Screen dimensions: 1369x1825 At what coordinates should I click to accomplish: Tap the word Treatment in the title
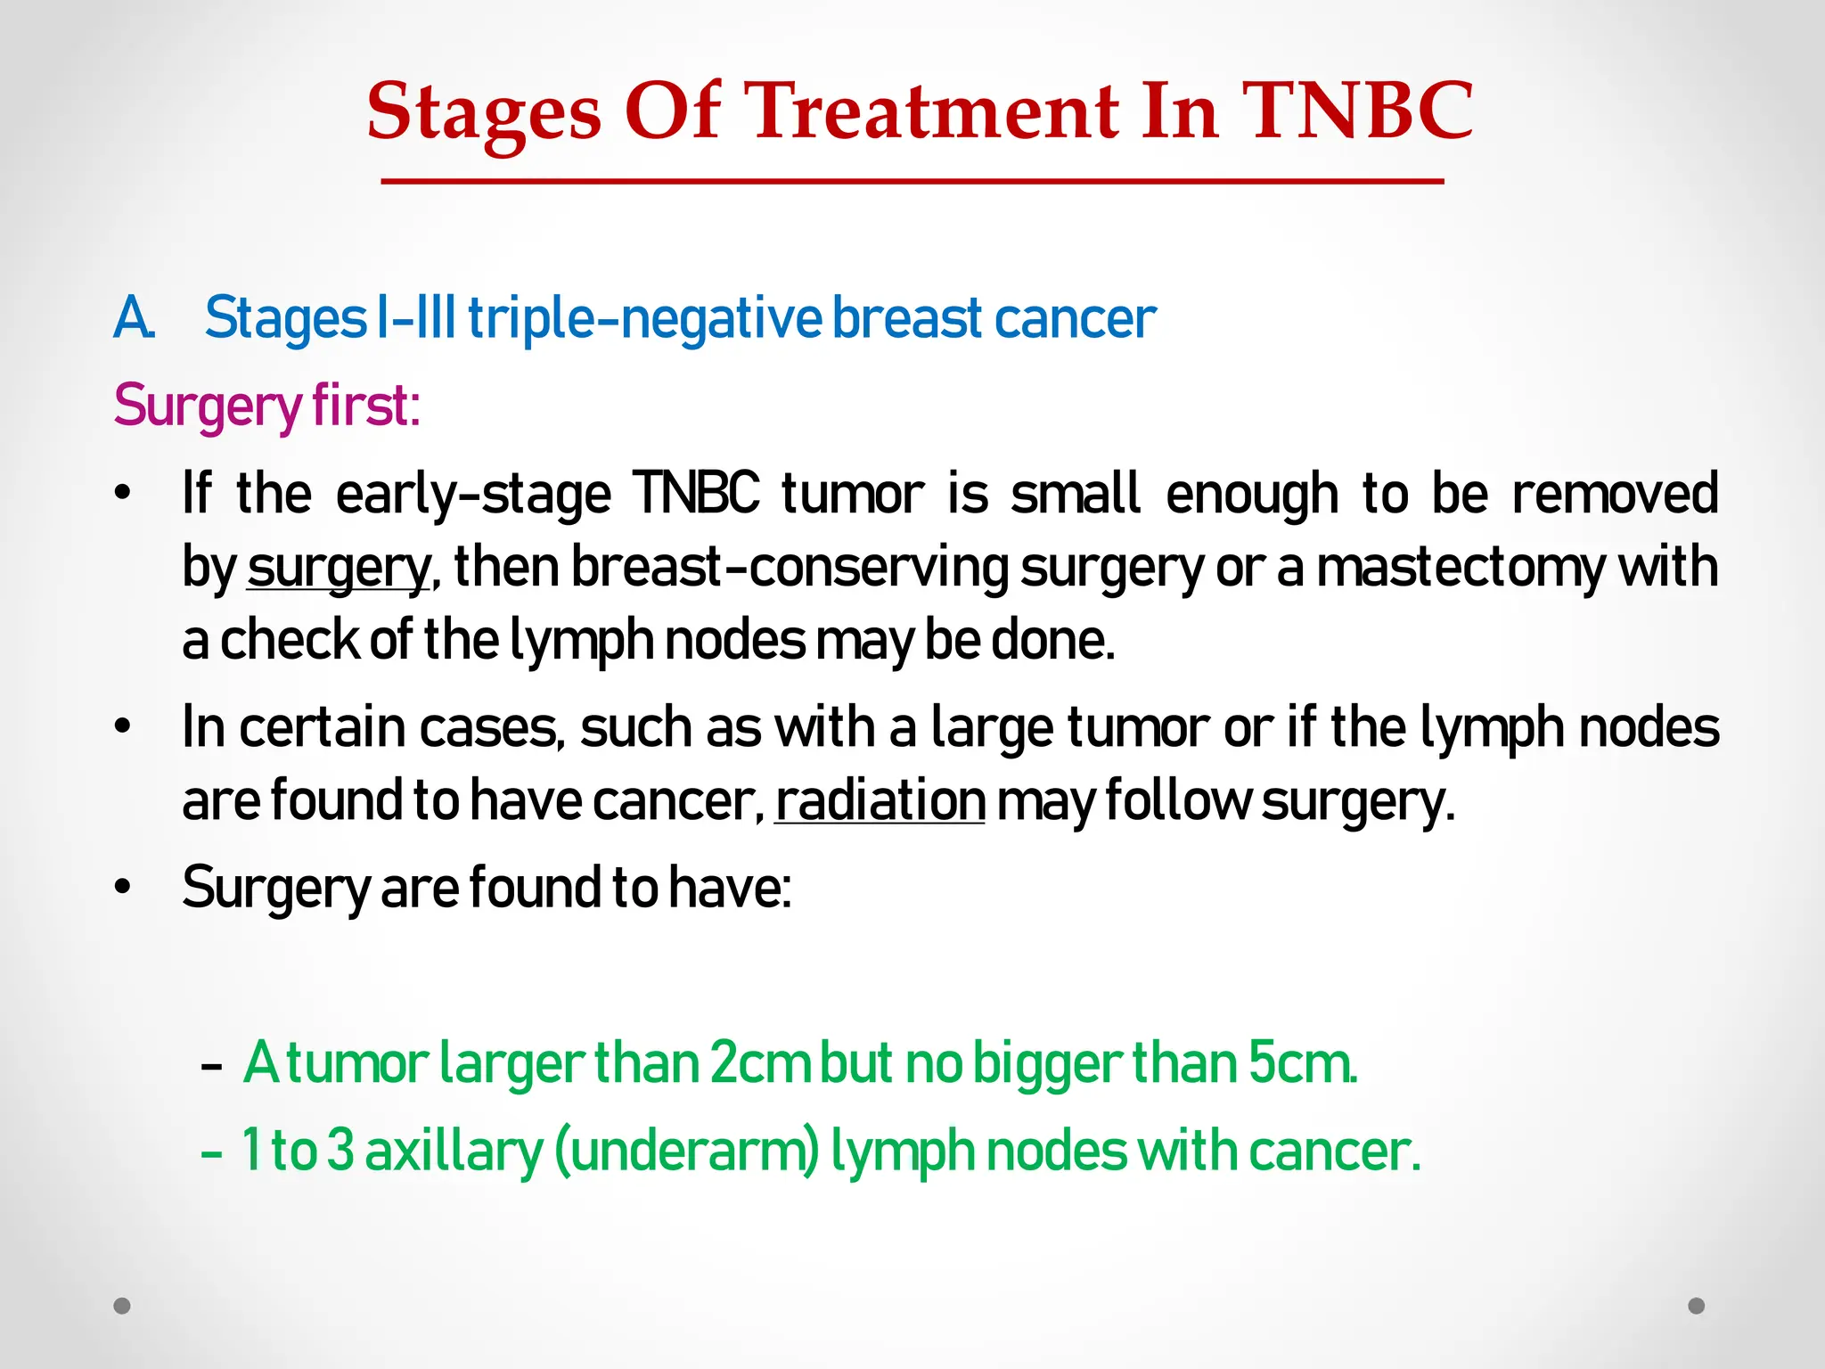point(935,111)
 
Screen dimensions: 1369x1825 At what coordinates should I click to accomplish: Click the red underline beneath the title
point(912,182)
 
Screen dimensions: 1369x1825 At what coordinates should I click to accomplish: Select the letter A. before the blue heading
point(134,318)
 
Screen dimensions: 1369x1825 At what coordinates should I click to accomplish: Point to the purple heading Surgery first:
point(266,406)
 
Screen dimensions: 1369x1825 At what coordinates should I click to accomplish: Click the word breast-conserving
point(790,568)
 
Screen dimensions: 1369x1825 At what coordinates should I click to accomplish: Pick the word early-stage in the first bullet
point(473,494)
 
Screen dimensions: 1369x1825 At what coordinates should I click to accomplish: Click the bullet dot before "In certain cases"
point(123,727)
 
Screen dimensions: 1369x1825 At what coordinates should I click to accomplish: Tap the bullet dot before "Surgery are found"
point(123,888)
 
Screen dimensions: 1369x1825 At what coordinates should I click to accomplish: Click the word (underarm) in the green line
point(686,1151)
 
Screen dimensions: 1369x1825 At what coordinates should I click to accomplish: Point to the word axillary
point(454,1151)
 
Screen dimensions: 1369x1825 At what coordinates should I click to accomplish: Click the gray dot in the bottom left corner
point(122,1306)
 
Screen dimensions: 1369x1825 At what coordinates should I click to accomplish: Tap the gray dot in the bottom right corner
point(1697,1306)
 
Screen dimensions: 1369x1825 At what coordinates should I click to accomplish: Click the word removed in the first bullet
point(1615,494)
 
